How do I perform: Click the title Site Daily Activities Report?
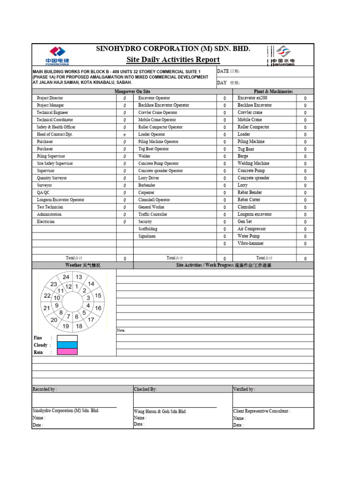point(173,60)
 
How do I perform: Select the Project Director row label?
point(50,98)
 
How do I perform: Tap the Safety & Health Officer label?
point(56,127)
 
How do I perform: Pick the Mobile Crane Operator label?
point(157,120)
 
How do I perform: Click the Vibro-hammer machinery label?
point(250,243)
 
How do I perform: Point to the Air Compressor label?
point(251,229)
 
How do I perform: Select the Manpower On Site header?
point(133,91)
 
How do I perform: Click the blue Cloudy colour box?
point(67,345)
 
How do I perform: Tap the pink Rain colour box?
point(67,352)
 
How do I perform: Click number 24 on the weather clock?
point(66,277)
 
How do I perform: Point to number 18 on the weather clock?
point(79,326)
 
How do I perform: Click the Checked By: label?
point(145,389)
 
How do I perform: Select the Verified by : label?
point(244,389)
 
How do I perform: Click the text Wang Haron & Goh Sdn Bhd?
point(159,411)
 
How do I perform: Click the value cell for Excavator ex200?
point(305,98)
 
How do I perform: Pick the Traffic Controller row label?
point(153,214)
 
